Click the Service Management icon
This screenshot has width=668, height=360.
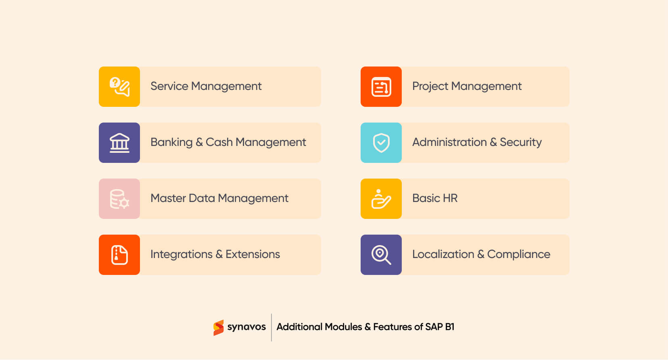point(119,87)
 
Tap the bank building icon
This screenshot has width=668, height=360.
point(119,143)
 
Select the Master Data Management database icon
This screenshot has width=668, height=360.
point(119,199)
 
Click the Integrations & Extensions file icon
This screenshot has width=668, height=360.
point(119,255)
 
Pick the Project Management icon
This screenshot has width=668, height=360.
point(381,87)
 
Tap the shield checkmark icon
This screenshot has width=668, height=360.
point(381,143)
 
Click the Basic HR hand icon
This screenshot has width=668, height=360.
point(381,199)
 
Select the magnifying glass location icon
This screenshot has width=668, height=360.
point(381,255)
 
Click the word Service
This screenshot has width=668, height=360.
point(169,86)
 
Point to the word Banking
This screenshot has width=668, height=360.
point(171,142)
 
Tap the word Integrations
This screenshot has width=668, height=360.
point(181,254)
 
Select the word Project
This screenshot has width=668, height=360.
point(430,86)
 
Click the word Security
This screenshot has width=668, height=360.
point(520,142)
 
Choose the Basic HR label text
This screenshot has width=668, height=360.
point(435,198)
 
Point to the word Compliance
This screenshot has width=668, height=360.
point(518,254)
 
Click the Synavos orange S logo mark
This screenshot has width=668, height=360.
point(218,327)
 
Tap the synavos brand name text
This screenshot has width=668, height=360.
point(246,327)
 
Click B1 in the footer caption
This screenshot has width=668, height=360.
point(449,327)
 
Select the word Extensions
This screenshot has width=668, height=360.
point(253,254)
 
